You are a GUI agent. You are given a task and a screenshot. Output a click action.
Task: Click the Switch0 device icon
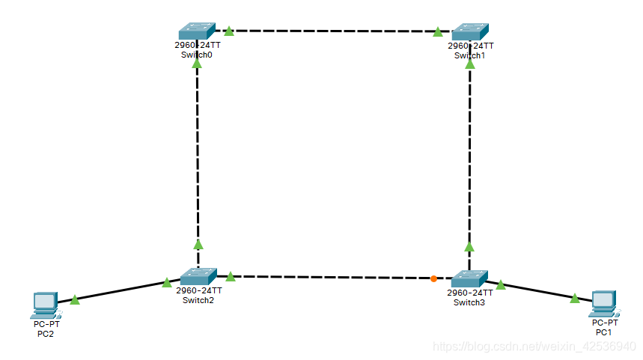click(197, 31)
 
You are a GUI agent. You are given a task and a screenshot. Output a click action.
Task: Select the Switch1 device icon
click(470, 31)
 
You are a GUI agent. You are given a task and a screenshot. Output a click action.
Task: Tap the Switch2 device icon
click(198, 276)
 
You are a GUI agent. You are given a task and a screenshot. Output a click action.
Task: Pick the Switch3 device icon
click(470, 278)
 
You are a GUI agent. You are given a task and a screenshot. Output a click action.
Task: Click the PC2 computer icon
click(46, 303)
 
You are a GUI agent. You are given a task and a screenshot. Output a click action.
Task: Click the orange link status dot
click(434, 279)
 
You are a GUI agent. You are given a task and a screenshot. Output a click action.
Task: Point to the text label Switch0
click(197, 55)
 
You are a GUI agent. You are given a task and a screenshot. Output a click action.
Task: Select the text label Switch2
click(198, 300)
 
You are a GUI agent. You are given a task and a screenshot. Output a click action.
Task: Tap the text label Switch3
click(470, 302)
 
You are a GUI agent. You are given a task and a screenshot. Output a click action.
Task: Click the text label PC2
click(46, 334)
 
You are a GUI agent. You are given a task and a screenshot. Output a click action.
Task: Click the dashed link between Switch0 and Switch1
click(333, 31)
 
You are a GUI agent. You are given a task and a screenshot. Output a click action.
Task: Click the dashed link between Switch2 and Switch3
click(333, 275)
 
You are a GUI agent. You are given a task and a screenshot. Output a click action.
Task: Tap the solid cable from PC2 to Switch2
click(120, 292)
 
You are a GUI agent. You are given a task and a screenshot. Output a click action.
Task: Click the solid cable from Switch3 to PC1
click(539, 291)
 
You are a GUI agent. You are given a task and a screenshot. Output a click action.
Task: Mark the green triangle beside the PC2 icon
click(75, 299)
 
